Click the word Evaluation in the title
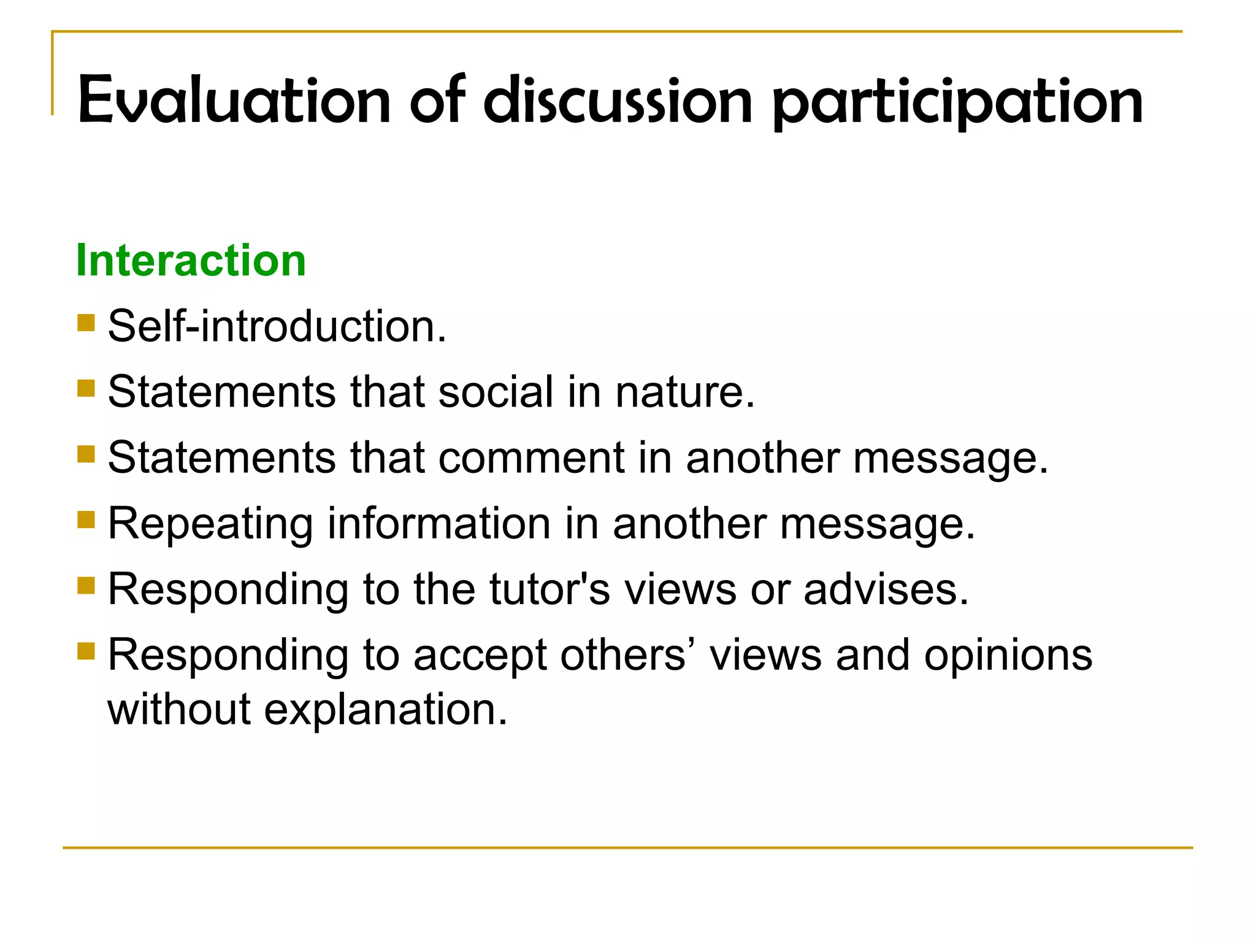coord(234,100)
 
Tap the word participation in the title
coord(957,101)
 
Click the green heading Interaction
coord(191,260)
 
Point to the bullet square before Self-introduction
coord(86,323)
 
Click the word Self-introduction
coord(277,326)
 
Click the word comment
coord(531,458)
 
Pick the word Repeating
coord(210,524)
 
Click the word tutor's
coord(549,589)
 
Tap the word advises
coord(886,589)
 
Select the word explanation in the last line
coord(386,710)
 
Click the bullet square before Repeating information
coord(86,520)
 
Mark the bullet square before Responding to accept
coord(86,651)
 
